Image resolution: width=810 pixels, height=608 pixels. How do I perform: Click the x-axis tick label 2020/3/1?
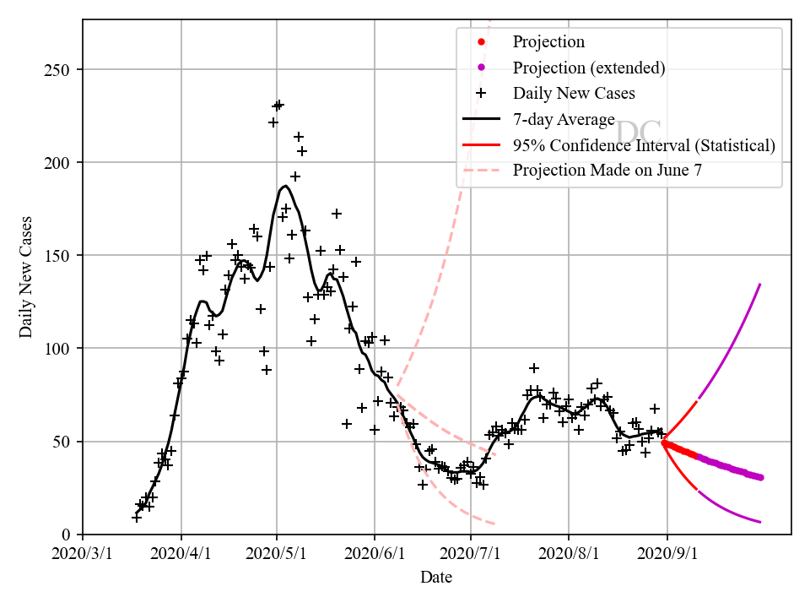tap(83, 556)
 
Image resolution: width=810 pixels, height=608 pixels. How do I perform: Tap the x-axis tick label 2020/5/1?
tap(277, 556)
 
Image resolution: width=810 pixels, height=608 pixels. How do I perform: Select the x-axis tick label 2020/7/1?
tap(471, 556)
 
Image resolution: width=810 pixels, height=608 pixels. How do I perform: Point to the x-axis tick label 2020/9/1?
tap(667, 556)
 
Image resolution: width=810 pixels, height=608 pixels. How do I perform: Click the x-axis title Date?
tap(436, 578)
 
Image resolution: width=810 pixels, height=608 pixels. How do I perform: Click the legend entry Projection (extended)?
tap(589, 68)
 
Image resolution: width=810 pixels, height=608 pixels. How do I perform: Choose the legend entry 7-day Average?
tap(564, 119)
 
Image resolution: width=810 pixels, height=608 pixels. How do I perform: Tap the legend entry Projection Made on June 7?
tap(607, 170)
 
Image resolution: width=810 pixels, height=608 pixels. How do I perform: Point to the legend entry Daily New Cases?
tap(574, 93)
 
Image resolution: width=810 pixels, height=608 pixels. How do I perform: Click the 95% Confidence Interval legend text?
tap(644, 145)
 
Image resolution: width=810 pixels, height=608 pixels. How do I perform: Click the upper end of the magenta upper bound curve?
tap(760, 284)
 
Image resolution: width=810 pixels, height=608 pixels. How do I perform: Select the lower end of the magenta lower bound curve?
tap(760, 522)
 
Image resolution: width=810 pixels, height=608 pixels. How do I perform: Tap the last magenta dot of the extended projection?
tap(760, 477)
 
